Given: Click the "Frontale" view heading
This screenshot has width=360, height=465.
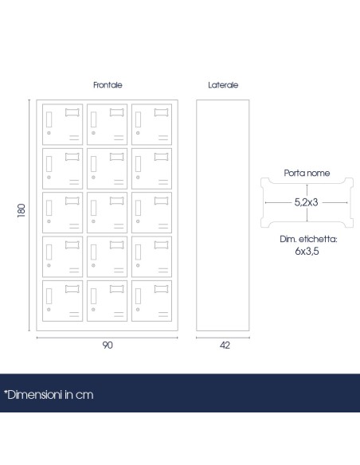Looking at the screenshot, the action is point(108,85).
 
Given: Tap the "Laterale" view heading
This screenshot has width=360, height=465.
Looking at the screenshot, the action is point(223,85).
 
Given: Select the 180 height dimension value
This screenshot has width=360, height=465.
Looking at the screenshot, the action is point(22,210).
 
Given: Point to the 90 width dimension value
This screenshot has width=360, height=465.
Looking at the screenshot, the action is point(108,346).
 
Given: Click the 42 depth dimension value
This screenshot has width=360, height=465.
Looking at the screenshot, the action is point(225,346).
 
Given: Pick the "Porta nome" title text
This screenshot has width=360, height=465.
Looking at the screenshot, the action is point(307,173).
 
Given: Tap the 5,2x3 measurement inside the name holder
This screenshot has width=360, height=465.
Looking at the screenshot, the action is point(307,202).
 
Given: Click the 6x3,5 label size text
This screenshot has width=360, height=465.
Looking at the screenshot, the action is point(307,251).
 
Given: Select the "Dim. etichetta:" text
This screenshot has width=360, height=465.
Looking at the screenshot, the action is point(308,239).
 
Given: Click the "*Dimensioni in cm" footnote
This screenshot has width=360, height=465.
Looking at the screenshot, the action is point(49,395).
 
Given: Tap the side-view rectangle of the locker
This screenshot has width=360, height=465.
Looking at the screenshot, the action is point(223,215).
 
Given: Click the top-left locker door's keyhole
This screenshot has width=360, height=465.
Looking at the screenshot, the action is point(49,133).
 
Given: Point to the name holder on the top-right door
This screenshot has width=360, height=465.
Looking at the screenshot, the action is point(162,112).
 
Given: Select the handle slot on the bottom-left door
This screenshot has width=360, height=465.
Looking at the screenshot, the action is point(49,296).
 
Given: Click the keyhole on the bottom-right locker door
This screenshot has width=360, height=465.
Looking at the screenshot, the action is point(138,310).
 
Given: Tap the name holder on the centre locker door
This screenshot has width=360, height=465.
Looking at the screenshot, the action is point(117,201).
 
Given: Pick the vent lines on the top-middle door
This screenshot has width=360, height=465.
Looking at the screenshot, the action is point(119,138).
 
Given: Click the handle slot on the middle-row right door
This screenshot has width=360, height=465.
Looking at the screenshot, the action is point(138,208).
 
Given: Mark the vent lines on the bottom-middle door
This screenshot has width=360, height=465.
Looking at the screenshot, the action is point(119,315).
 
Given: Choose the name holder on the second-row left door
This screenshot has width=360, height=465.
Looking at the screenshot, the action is point(72,157).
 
